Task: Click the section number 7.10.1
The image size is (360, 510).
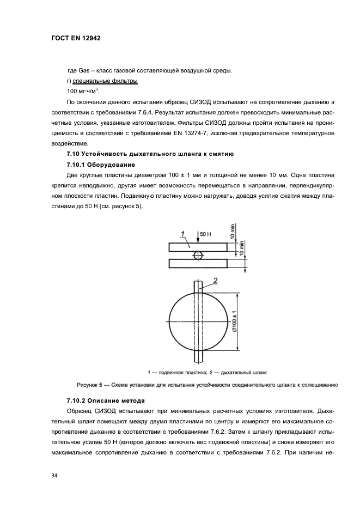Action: point(77,165)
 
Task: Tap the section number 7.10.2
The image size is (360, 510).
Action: point(77,400)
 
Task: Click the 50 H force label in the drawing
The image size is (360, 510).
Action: point(205,234)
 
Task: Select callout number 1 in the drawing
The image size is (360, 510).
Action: point(184,233)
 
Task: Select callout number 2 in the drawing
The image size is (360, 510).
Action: point(215,280)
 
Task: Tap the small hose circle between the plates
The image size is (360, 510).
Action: point(197,255)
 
